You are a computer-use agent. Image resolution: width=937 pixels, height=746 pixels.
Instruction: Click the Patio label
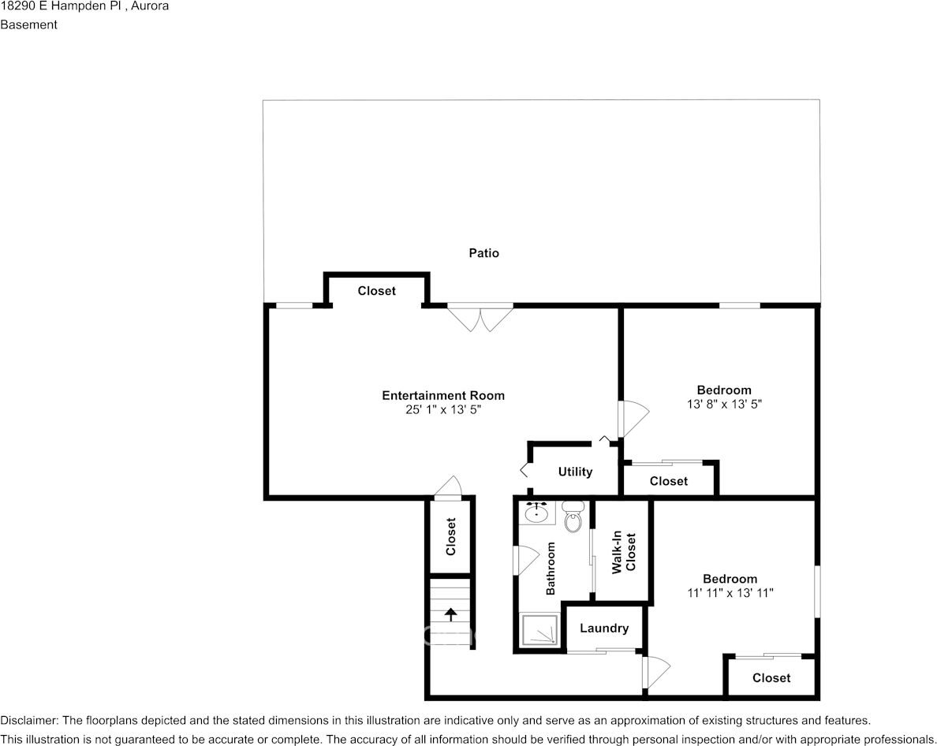483,253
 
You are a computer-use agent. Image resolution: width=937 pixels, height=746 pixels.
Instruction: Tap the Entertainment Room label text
443,396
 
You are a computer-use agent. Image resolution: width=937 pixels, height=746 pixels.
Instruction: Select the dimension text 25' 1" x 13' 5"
443,410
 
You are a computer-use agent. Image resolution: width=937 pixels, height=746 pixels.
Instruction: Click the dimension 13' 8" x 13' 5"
723,404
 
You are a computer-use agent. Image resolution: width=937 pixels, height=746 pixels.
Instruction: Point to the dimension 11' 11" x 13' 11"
730,593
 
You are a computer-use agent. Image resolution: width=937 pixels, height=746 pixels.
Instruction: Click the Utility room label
575,472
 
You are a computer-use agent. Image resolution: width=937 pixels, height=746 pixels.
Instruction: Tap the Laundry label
604,629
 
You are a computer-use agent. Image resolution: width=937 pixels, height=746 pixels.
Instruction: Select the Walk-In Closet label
623,552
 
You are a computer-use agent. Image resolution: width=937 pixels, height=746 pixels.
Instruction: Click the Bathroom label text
551,569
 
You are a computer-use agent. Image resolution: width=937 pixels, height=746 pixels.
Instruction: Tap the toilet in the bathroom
573,517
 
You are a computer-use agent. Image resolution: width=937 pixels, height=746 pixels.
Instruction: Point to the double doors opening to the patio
480,318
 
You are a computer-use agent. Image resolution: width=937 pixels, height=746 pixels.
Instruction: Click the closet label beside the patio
376,291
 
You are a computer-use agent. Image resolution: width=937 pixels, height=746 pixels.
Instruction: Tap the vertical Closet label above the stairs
451,536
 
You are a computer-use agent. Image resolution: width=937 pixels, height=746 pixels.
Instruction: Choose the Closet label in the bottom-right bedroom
771,678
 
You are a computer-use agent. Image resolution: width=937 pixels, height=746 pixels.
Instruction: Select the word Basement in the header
29,24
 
